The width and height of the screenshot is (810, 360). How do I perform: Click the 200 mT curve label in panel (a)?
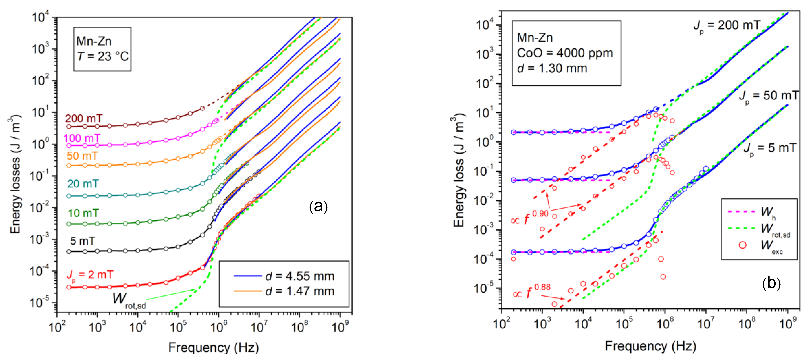click(84, 118)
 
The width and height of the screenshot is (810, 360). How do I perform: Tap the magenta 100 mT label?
click(82, 138)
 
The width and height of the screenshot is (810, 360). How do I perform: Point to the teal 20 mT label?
click(83, 184)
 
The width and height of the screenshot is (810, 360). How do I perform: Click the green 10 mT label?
click(83, 213)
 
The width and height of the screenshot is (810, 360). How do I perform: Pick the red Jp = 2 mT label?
click(90, 275)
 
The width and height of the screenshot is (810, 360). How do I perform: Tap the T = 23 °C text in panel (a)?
click(103, 57)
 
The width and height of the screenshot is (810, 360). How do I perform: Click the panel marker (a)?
click(318, 207)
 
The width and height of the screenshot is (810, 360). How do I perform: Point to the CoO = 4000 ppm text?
click(565, 53)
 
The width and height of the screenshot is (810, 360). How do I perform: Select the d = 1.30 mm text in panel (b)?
click(552, 68)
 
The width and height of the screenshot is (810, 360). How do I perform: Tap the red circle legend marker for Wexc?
click(742, 245)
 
